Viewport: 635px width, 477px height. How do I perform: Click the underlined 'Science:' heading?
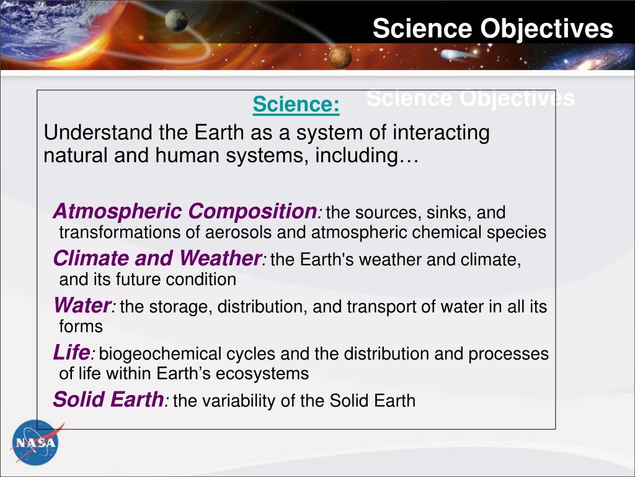click(x=296, y=105)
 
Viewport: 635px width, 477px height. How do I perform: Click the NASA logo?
click(x=35, y=442)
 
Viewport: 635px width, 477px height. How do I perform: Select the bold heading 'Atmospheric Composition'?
click(x=184, y=212)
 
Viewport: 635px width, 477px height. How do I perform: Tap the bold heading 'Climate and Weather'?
click(x=158, y=258)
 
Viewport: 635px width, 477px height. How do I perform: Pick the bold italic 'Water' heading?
click(x=82, y=306)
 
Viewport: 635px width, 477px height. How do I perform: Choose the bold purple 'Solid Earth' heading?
click(x=108, y=399)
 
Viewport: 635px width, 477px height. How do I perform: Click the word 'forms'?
click(x=81, y=326)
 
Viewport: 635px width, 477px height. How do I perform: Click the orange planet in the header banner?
click(x=339, y=58)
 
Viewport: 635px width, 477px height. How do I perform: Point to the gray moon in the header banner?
click(x=177, y=20)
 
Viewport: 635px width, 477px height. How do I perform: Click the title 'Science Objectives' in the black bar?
click(x=493, y=29)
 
